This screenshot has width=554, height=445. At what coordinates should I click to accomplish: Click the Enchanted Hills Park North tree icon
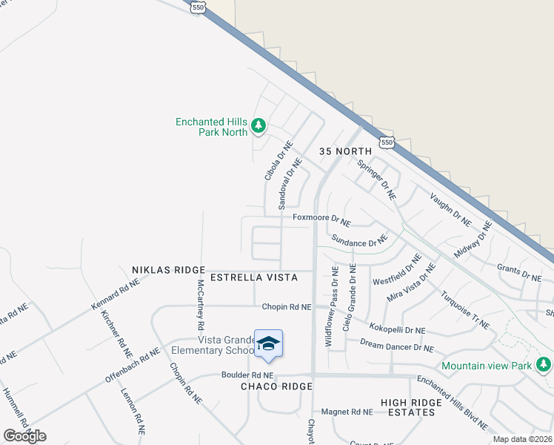pos(258,126)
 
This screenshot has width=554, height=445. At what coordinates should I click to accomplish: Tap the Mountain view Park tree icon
pos(544,365)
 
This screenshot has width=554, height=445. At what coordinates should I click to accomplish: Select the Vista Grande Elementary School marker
pos(267,343)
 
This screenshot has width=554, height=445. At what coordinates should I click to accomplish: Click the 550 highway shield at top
pos(197,7)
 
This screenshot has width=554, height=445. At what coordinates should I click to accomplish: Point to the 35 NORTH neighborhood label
pos(344,151)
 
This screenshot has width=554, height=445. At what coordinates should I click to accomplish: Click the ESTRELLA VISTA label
pos(254,277)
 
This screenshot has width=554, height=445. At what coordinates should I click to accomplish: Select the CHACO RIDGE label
pos(276,386)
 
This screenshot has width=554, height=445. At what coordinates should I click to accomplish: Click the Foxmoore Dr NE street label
pos(321,219)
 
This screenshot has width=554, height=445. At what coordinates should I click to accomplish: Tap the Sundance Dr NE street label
pos(359,241)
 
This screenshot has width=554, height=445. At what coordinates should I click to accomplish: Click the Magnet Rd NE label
pos(347,412)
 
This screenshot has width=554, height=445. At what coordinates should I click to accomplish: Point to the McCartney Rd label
pos(200,305)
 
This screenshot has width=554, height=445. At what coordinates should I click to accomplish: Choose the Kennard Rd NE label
pos(115,294)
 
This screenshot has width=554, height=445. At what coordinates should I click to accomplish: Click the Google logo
pos(24,435)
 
